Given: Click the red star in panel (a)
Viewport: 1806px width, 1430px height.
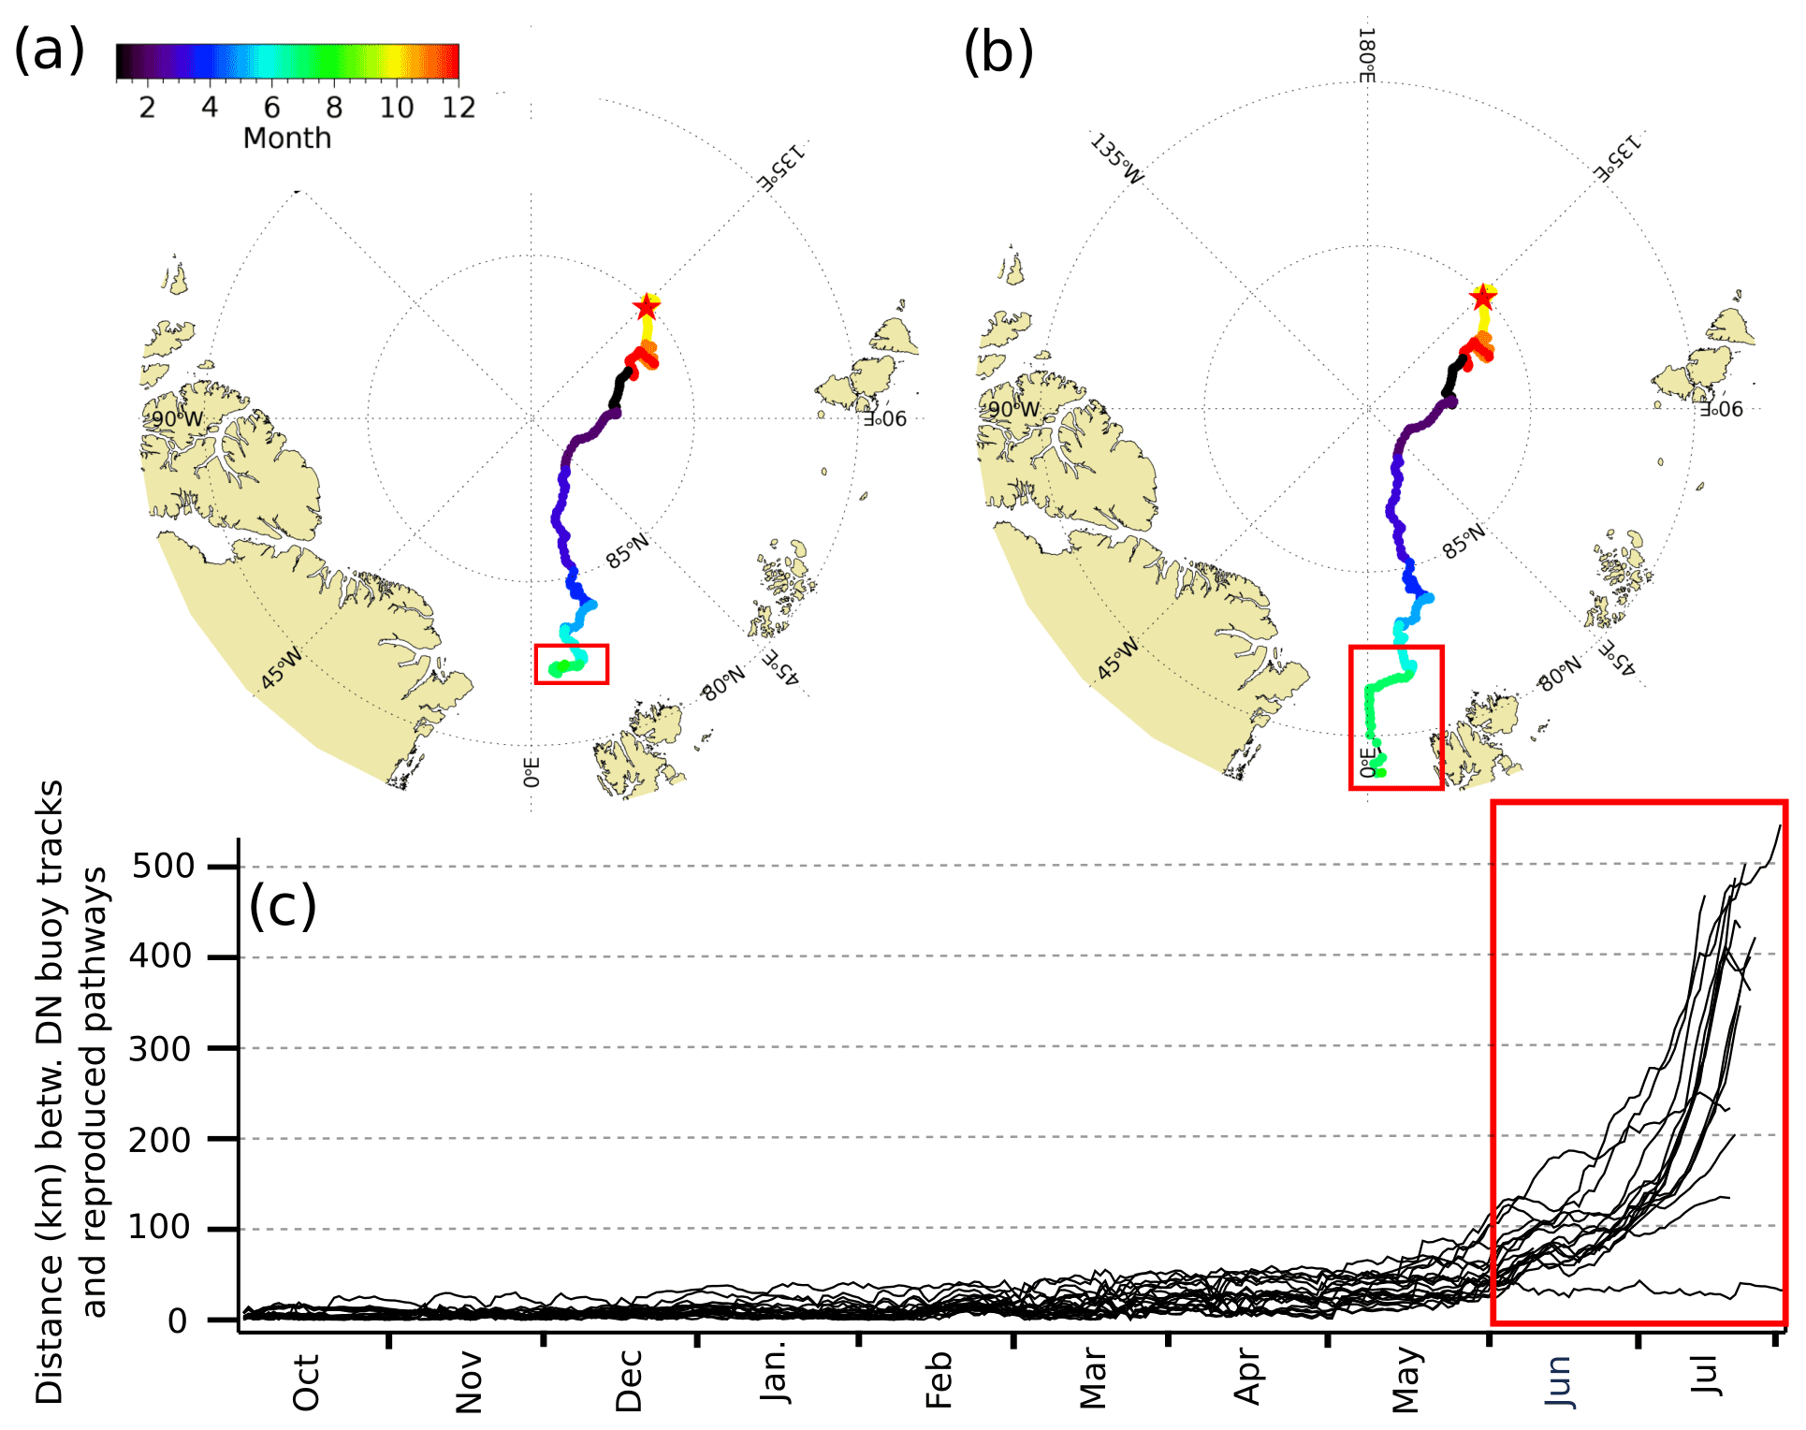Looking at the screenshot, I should pyautogui.click(x=646, y=307).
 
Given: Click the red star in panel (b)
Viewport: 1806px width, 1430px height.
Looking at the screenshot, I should pyautogui.click(x=1482, y=298).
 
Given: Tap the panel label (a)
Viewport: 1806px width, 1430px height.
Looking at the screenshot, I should pyautogui.click(x=49, y=51).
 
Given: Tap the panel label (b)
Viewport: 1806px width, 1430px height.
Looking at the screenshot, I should pyautogui.click(x=998, y=52).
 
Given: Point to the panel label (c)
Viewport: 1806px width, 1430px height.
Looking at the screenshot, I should pyautogui.click(x=283, y=906).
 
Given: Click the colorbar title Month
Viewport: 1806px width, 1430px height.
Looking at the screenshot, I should pyautogui.click(x=286, y=139).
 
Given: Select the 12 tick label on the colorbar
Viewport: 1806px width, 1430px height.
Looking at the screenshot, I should pyautogui.click(x=459, y=108).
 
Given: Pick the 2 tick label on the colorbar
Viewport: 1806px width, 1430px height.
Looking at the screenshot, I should pyautogui.click(x=147, y=108).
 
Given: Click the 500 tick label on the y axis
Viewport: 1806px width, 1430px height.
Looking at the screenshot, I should pyautogui.click(x=163, y=866).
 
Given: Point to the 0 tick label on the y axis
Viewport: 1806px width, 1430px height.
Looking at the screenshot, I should pyautogui.click(x=178, y=1321).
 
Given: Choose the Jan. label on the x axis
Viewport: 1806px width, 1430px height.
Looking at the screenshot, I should pyautogui.click(x=776, y=1375).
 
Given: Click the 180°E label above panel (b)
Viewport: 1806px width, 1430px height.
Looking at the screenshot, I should pyautogui.click(x=1366, y=56).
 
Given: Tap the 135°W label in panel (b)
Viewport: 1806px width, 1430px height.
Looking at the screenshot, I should pyautogui.click(x=1116, y=160).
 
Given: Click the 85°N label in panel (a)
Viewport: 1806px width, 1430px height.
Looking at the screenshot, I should pyautogui.click(x=627, y=552).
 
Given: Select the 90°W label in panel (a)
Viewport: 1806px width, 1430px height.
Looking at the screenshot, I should pyautogui.click(x=177, y=418).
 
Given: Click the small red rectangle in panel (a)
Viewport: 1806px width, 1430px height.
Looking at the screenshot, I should pyautogui.click(x=572, y=664).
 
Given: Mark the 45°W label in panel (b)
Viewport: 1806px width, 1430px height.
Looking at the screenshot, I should pyautogui.click(x=1117, y=659).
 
